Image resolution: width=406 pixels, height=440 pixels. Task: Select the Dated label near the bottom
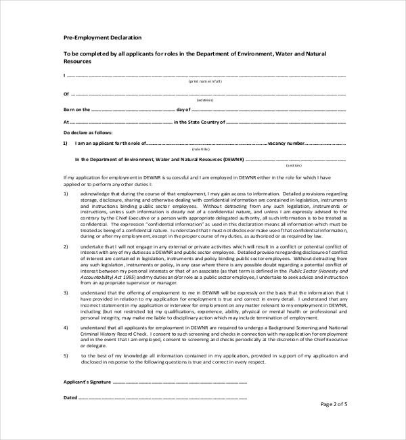click(71, 397)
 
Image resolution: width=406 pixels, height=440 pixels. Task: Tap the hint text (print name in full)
click(205, 81)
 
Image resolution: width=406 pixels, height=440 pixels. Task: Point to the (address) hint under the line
click(205, 100)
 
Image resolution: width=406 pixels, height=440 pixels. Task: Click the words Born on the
click(76, 109)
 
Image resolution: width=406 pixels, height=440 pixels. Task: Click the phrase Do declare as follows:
click(87, 133)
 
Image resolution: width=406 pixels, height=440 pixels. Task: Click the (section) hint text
click(293, 165)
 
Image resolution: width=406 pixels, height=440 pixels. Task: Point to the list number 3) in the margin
click(66, 273)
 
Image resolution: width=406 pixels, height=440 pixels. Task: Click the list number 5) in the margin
click(66, 355)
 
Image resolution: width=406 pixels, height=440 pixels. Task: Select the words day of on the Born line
click(185, 109)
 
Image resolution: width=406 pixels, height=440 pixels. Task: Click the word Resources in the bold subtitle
click(77, 61)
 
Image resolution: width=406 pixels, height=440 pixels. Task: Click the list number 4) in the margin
click(66, 327)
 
